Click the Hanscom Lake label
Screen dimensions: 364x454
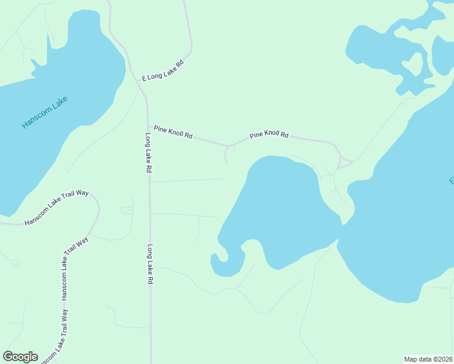(x=44, y=113)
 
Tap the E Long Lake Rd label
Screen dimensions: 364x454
(x=162, y=71)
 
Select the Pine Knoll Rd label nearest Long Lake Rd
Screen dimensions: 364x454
(x=173, y=132)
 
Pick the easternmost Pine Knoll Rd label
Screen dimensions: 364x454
(x=269, y=134)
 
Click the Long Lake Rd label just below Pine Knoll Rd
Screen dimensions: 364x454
(x=147, y=153)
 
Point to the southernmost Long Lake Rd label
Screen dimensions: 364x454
(x=149, y=265)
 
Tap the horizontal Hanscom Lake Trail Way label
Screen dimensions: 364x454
(x=56, y=207)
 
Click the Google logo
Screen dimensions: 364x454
(x=20, y=357)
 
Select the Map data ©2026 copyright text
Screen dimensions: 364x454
(x=428, y=359)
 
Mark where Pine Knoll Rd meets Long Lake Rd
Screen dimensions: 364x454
(x=147, y=126)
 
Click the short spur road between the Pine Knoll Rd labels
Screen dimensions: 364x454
(x=226, y=154)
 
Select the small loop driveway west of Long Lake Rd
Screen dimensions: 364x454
(x=126, y=211)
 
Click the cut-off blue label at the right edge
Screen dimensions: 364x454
(x=451, y=181)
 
